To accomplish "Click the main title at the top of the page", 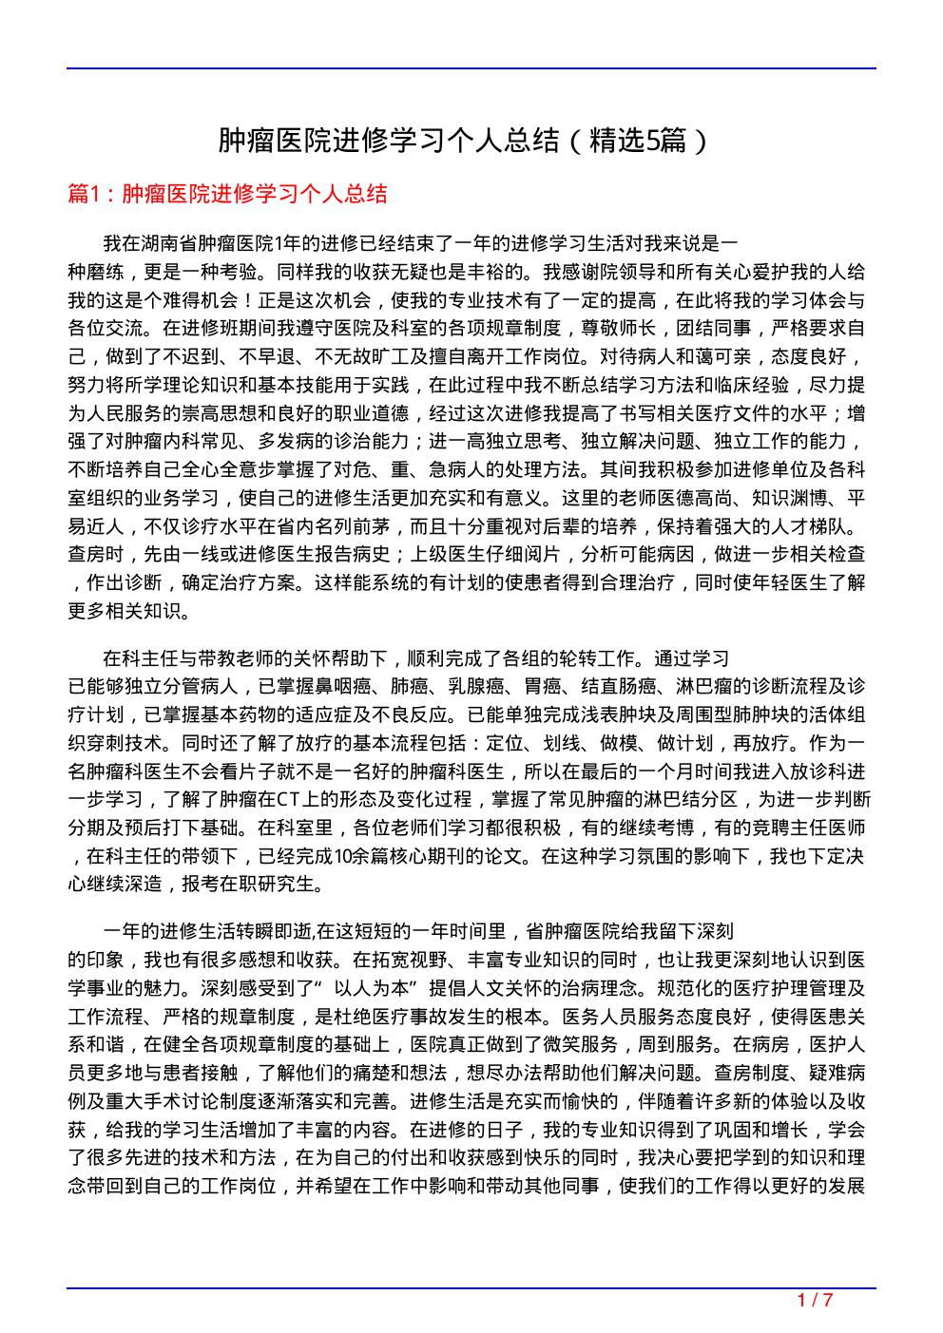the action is tap(463, 142).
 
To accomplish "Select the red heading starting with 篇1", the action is tap(228, 195).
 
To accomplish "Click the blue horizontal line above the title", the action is tap(471, 68).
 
